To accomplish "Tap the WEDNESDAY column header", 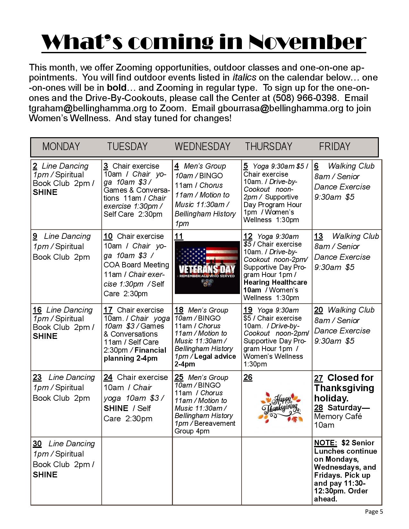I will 202,147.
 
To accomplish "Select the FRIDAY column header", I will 334,147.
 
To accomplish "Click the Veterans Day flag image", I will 207,267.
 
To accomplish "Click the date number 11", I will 179,237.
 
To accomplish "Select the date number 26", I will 248,377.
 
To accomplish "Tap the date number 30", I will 37,444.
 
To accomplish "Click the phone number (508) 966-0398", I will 304,98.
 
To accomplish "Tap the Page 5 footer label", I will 374,512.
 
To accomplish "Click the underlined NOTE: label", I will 325,443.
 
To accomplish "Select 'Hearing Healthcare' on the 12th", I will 275,282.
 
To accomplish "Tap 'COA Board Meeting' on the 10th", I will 136,265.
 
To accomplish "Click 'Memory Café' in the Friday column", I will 338,416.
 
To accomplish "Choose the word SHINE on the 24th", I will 116,408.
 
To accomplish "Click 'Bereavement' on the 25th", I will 215,424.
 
